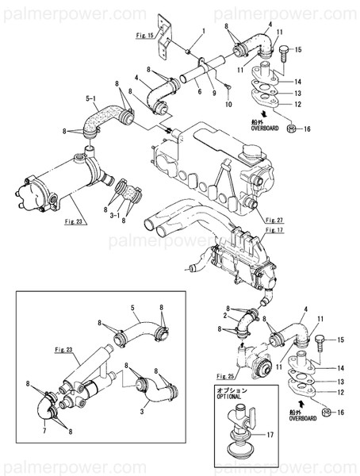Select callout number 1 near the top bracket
[x=202, y=31]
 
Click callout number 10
[x=228, y=104]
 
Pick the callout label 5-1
[x=90, y=99]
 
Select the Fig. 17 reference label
[x=274, y=231]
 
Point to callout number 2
[x=227, y=316]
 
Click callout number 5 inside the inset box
[x=133, y=307]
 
